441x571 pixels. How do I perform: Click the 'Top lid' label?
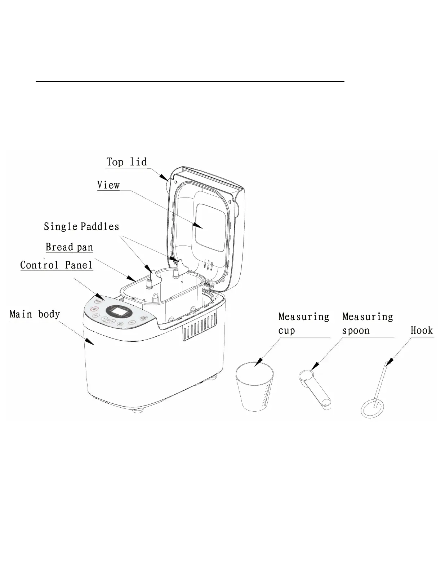coord(126,162)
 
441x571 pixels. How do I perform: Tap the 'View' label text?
coord(108,185)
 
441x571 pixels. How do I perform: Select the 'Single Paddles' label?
coord(81,227)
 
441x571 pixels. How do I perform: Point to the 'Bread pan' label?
coord(69,247)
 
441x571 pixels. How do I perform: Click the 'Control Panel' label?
coord(56,265)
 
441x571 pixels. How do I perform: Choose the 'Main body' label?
coord(35,314)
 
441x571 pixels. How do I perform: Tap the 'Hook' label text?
coord(422,331)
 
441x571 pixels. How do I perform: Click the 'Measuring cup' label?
coord(303,324)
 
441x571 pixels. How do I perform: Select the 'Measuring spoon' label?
coord(367,324)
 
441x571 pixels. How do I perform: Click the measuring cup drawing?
coord(254,388)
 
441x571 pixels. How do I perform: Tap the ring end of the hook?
coord(372,409)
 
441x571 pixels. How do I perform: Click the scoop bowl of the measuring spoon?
coord(306,375)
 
